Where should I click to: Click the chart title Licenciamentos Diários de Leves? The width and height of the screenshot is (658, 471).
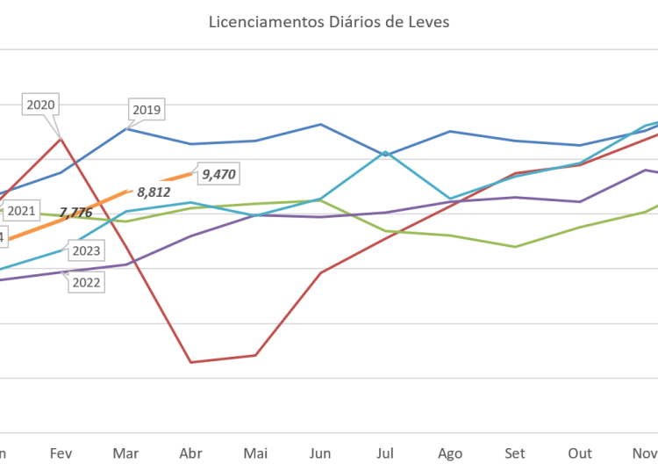(x=329, y=22)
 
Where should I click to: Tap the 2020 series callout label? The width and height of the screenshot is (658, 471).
(x=41, y=105)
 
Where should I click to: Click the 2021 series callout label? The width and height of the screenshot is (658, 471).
(x=20, y=211)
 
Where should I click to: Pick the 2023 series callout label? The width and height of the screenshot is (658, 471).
(x=86, y=251)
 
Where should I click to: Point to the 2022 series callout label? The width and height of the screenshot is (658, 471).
(x=86, y=282)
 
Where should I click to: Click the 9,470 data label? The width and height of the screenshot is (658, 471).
(x=218, y=174)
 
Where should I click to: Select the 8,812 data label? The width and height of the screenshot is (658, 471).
(x=153, y=190)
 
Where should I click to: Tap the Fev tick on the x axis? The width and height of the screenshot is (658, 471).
(x=61, y=453)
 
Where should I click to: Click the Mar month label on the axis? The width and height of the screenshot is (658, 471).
(x=125, y=453)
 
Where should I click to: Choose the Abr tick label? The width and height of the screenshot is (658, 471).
(x=190, y=453)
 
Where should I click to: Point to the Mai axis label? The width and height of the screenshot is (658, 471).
(x=255, y=453)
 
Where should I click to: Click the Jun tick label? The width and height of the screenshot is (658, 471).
(x=320, y=453)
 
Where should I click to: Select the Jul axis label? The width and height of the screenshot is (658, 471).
(x=384, y=453)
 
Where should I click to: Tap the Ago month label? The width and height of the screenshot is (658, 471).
(x=450, y=453)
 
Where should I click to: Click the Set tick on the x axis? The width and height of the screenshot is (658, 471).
(x=515, y=453)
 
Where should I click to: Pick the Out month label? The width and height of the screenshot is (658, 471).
(x=580, y=453)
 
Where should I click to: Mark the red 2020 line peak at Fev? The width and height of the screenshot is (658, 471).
(x=61, y=137)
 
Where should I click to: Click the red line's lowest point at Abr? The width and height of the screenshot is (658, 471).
(x=190, y=361)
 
